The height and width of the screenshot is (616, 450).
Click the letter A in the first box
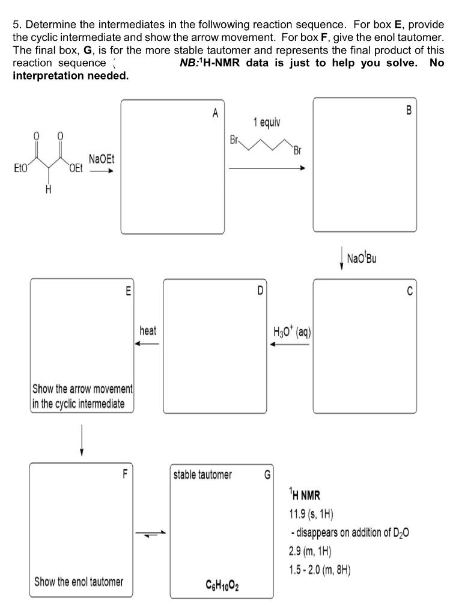[215, 112]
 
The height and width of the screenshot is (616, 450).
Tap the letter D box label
[260, 292]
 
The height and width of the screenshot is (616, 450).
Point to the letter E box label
[127, 292]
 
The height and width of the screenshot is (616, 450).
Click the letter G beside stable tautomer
[267, 475]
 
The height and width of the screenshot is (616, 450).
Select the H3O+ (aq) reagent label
[291, 331]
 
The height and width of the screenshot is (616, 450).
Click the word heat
[148, 331]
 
